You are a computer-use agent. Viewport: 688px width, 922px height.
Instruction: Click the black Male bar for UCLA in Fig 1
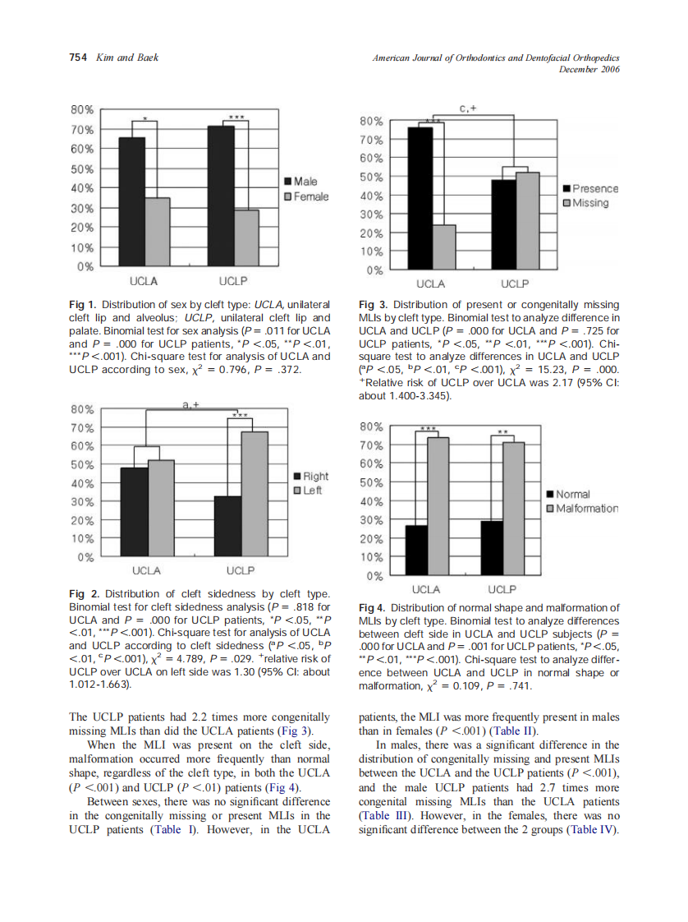[132, 202]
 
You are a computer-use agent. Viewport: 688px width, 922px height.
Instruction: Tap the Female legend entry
[306, 196]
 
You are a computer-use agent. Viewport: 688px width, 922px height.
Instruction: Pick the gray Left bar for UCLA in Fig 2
[162, 509]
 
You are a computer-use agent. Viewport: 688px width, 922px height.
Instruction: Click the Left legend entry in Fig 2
[311, 491]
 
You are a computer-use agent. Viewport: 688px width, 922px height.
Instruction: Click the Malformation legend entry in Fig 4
[585, 509]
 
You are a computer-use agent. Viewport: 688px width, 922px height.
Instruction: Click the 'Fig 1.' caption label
[83, 305]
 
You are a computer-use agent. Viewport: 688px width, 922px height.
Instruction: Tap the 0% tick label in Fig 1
[85, 266]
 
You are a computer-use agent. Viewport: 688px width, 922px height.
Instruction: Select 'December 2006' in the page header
[588, 69]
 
